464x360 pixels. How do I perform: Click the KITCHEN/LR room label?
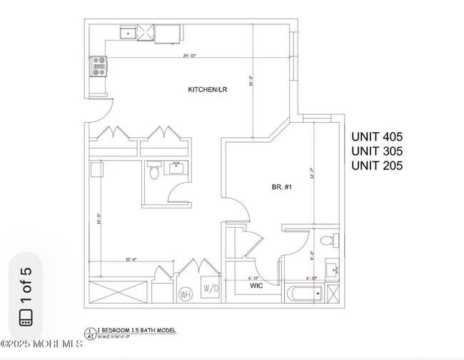208,89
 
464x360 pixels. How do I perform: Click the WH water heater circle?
185,293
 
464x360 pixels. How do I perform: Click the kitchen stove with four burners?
98,66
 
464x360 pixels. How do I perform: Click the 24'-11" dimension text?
189,55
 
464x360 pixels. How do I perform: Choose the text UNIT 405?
377,136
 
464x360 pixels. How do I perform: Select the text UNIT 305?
377,151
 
